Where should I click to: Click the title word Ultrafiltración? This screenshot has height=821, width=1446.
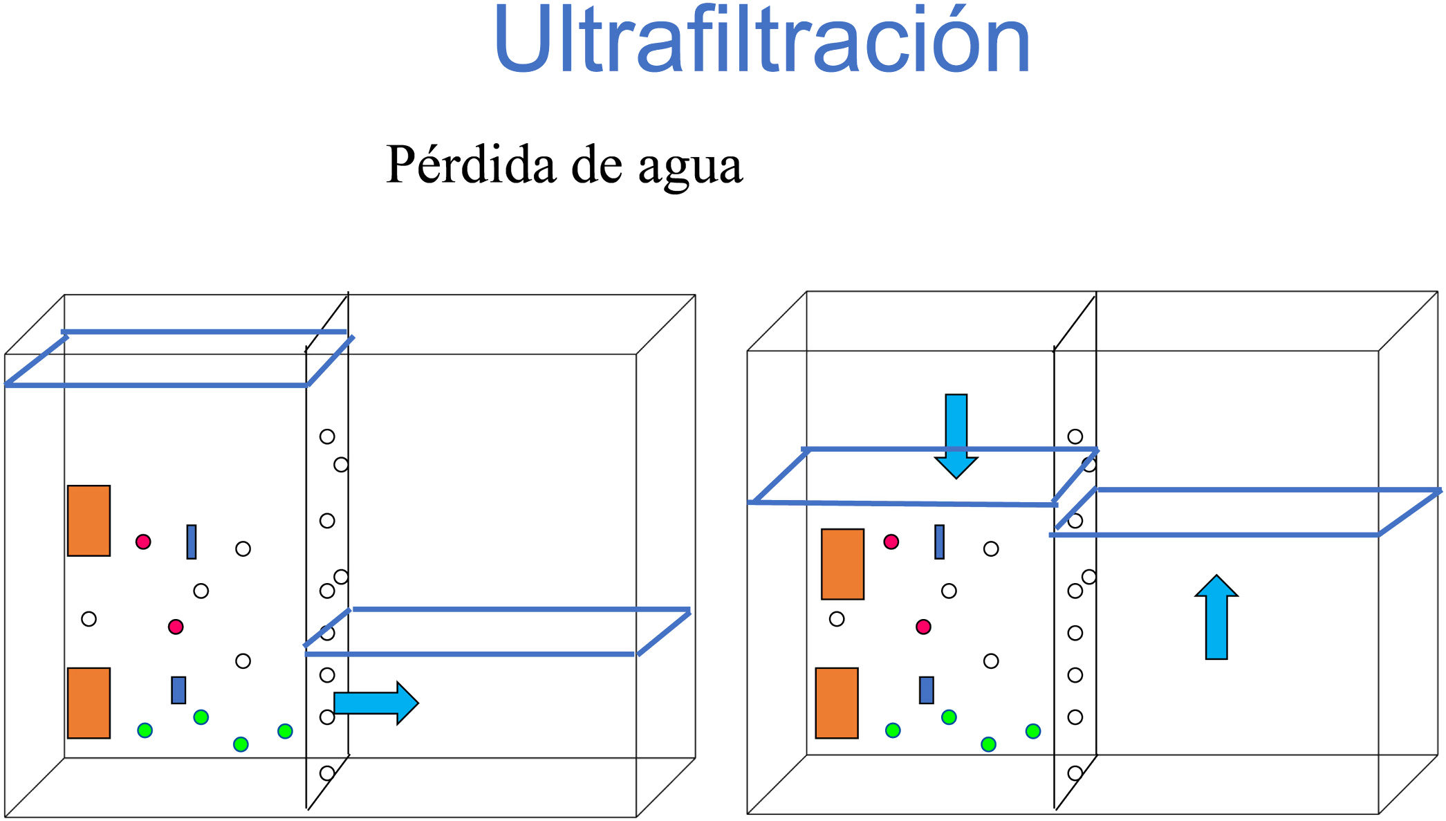(761, 40)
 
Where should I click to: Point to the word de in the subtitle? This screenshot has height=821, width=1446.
(597, 165)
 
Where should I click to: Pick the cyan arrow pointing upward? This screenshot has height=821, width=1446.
(1216, 616)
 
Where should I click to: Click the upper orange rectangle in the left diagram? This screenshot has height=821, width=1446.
(89, 521)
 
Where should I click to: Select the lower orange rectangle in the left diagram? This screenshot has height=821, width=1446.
(89, 703)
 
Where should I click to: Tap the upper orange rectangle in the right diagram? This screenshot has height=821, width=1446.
(842, 564)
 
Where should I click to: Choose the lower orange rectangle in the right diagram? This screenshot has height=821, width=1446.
(837, 703)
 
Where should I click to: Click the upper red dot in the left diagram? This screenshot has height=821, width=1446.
(143, 542)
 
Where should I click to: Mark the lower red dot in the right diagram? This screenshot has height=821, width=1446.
(923, 627)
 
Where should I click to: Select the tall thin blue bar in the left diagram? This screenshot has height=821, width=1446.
(192, 542)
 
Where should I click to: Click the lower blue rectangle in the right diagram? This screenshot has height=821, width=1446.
(927, 690)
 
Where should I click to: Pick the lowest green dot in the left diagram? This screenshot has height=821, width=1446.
(241, 744)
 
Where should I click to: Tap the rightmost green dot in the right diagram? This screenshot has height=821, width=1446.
(1033, 731)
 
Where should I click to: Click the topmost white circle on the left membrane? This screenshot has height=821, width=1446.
(327, 436)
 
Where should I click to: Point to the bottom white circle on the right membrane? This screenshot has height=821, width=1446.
(1075, 773)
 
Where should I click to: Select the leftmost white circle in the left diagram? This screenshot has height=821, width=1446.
(89, 619)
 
